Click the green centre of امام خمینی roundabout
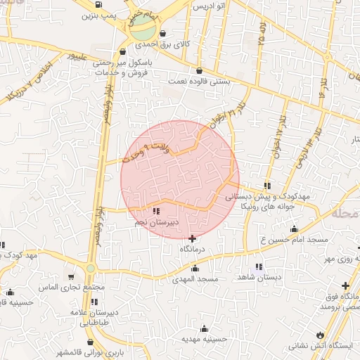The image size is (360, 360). [x=143, y=29]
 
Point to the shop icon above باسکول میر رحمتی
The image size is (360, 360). [x=124, y=51]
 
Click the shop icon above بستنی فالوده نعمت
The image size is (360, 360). [x=200, y=70]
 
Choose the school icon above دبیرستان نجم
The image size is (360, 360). [x=155, y=210]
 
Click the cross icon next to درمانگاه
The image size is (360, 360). [x=193, y=238]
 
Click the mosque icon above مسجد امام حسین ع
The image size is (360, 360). [x=294, y=229]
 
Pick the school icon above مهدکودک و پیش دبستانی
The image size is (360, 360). [x=267, y=185]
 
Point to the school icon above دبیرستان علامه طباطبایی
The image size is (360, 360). [x=94, y=302]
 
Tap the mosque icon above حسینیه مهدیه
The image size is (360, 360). [x=205, y=328]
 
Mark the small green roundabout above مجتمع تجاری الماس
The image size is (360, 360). [x=91, y=269]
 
